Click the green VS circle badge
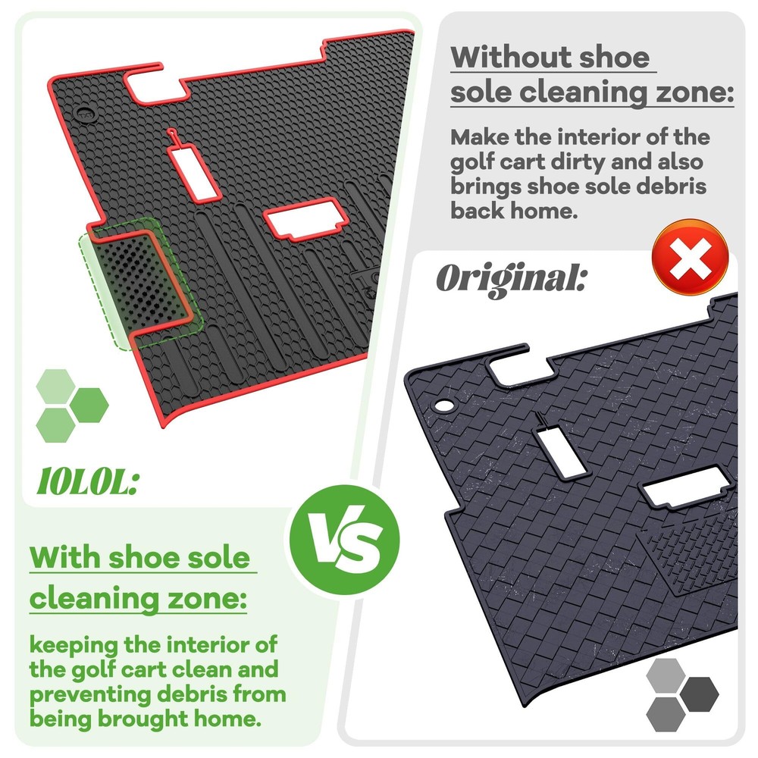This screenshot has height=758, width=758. tap(344, 540)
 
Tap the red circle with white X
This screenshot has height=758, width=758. tap(690, 257)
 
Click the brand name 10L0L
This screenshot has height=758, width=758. tap(88, 482)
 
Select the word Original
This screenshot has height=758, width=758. tap(512, 279)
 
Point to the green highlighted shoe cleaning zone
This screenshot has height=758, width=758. tap(140, 283)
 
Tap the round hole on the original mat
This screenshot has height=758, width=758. tap(442, 406)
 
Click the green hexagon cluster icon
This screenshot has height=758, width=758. tap(71, 405)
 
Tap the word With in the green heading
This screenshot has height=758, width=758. tap(65, 557)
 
